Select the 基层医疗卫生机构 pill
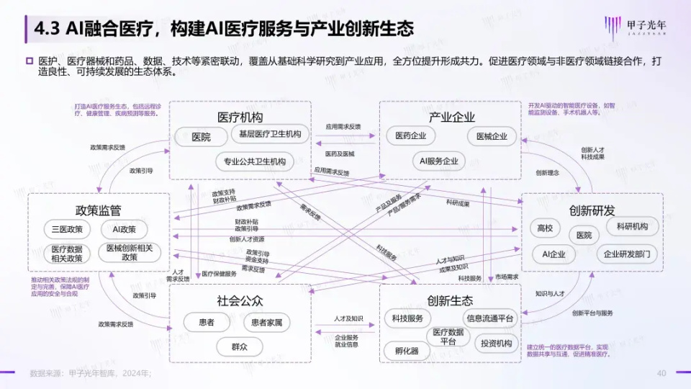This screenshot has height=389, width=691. click(270, 134)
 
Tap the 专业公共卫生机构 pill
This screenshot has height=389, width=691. click(255, 161)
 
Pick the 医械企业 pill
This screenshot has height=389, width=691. click(492, 136)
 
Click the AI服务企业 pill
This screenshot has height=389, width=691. click(439, 161)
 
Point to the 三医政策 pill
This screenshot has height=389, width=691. click(67, 230)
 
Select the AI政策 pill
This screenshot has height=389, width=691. click(125, 230)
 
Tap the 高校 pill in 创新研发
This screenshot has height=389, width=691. click(545, 228)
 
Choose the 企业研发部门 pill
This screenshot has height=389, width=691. click(628, 254)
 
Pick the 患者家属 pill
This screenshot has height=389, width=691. click(267, 323)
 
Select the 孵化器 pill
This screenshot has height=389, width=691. click(407, 351)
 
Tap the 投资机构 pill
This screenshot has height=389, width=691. click(497, 344)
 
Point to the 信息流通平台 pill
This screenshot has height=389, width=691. click(490, 318)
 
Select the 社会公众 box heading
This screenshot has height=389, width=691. click(240, 300)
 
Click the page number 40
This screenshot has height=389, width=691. click(661, 372)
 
